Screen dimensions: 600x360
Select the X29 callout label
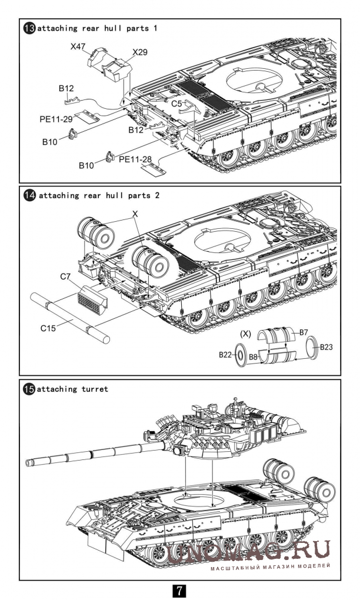tap(140, 52)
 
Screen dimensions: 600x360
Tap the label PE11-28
tap(135, 159)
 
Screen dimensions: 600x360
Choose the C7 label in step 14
tap(65, 275)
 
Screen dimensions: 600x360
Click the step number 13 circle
tap(29, 28)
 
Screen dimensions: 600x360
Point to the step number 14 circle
tap(29, 195)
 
